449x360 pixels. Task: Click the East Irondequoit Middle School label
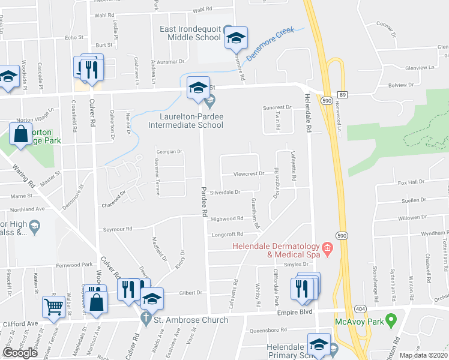190,33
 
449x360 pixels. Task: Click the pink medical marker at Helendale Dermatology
327,247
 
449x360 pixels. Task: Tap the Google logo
20,352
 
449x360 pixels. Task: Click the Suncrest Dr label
277,107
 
